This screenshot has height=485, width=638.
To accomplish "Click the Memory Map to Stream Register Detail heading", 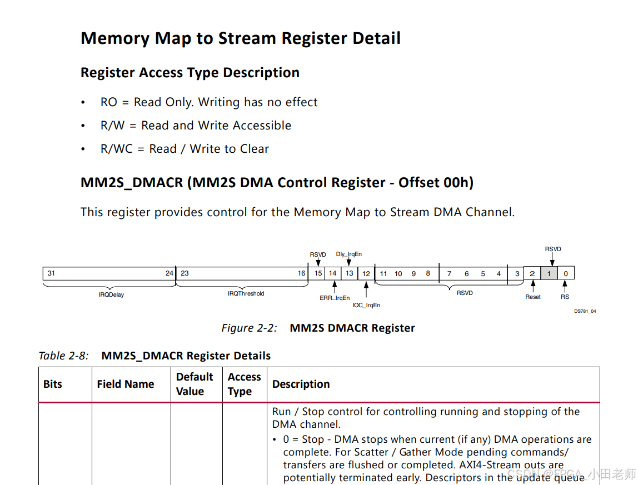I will coord(240,38).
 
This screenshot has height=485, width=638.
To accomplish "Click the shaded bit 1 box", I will coord(549,273).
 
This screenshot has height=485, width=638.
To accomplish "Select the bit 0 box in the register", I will coord(566,273).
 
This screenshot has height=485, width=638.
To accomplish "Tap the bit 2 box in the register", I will coord(532,273).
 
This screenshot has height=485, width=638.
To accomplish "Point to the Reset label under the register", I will coord(533,297).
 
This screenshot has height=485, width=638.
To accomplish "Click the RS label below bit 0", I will coord(565,297).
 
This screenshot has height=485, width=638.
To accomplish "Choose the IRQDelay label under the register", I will coord(111,295).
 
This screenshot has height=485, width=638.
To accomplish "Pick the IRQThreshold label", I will coord(246,294).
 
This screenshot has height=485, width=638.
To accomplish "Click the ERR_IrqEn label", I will coord(335,298).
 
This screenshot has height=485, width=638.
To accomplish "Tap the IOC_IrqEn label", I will coord(366,306).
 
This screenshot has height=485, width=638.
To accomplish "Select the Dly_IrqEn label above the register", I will coord(348,254).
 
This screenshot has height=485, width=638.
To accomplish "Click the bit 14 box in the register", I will coord(332,273).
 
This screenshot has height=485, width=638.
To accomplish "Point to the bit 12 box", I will coord(366,273).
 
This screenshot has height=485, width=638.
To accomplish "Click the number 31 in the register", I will coord(51,273).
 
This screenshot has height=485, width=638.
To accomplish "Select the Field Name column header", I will coord(125,384).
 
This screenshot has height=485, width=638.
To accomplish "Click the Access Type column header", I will coord(244,384).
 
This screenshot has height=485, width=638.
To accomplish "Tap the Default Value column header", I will coord(195,384).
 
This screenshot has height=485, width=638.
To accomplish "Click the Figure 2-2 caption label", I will coord(249,328).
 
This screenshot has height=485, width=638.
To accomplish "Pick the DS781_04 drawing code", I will coord(585,312).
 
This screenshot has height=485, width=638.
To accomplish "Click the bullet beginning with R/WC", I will coord(185,149).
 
